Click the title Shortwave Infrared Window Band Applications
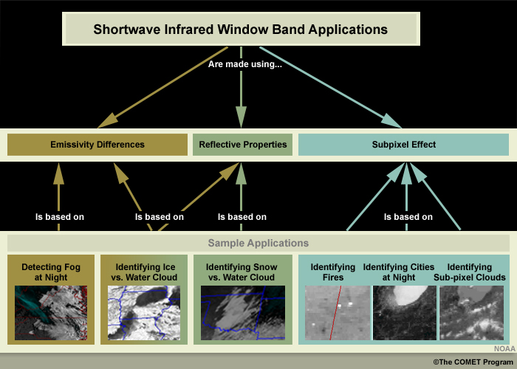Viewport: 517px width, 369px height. [x=240, y=30]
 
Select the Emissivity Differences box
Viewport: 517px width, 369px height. [x=97, y=145]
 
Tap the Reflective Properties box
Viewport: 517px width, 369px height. [x=242, y=145]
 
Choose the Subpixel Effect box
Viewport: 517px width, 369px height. [x=403, y=145]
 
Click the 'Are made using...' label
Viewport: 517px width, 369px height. [x=245, y=64]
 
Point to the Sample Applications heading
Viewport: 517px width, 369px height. [x=258, y=243]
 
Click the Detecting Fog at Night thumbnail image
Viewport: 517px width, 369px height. [x=51, y=313]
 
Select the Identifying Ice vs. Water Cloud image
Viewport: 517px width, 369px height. [x=144, y=313]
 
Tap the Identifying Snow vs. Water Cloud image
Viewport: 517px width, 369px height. [x=243, y=313]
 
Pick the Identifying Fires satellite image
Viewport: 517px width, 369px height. [x=338, y=313]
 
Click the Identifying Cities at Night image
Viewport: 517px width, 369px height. [x=405, y=313]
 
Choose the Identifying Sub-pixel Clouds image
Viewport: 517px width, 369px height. [x=471, y=313]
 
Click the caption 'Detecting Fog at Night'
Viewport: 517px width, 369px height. [x=51, y=272]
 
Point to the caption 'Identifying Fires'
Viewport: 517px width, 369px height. [x=333, y=272]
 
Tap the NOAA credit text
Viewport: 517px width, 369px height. [x=504, y=349]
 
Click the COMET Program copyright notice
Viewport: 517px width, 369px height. [x=473, y=362]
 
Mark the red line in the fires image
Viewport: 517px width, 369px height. [x=335, y=313]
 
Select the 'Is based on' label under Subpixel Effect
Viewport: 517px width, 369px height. [x=408, y=217]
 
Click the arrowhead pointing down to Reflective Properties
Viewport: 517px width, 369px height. [x=241, y=117]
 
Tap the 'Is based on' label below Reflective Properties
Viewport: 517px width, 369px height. [x=242, y=217]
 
